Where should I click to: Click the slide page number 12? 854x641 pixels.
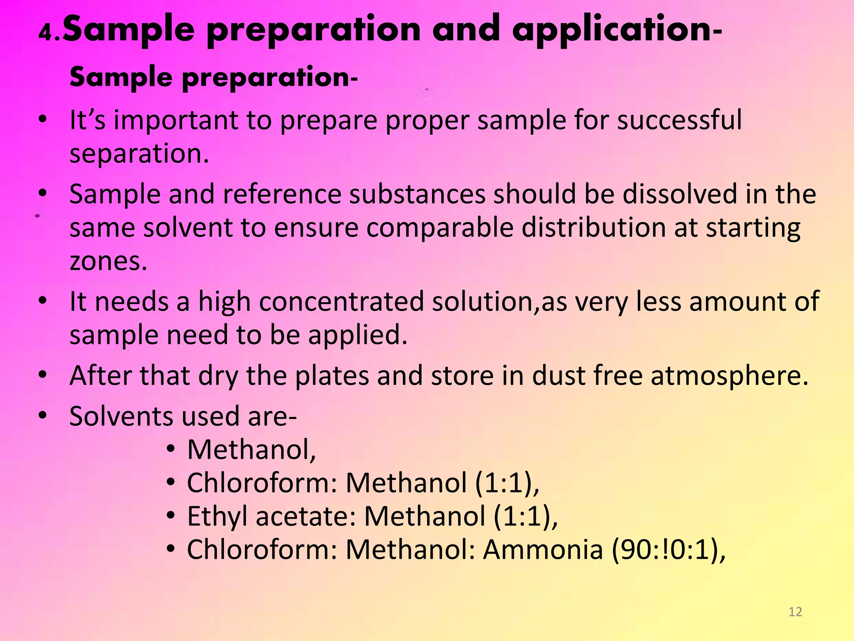(x=795, y=612)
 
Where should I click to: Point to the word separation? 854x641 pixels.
(x=139, y=154)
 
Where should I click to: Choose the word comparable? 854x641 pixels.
(x=440, y=228)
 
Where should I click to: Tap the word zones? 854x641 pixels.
(x=108, y=262)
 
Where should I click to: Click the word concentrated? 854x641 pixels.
(x=341, y=301)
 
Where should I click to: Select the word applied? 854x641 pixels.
(x=357, y=335)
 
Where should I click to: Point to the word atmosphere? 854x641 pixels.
(x=729, y=375)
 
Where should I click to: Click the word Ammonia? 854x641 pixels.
(x=543, y=550)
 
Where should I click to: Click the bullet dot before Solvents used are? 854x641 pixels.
(x=43, y=415)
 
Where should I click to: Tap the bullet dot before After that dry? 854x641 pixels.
(x=43, y=375)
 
